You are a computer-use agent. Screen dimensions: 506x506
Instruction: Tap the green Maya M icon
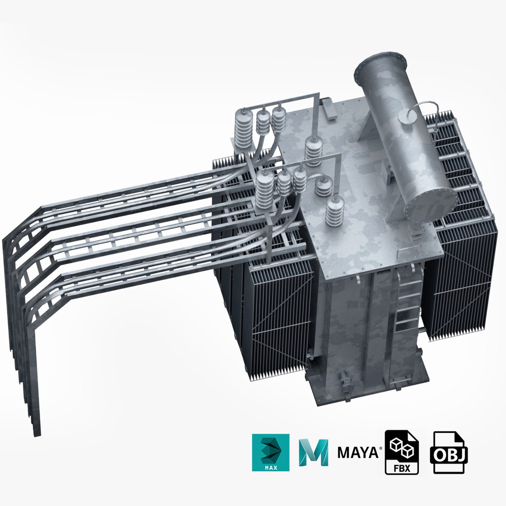[313, 452]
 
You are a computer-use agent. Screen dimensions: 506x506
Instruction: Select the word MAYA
[358, 453]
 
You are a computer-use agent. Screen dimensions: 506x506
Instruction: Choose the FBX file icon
[402, 452]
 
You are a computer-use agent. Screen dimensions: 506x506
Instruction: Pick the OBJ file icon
[447, 452]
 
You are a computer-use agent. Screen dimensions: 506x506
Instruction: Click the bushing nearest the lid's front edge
[335, 212]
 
